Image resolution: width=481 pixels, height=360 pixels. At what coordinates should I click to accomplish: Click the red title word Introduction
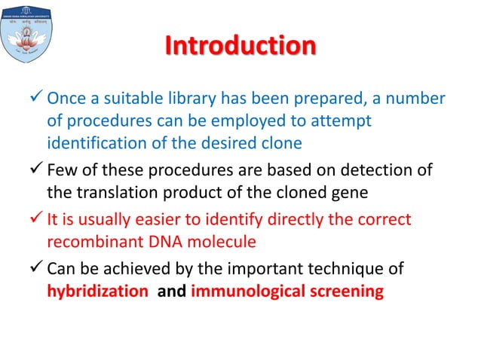point(240,47)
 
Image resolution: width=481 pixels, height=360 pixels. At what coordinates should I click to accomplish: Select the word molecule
point(228,243)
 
